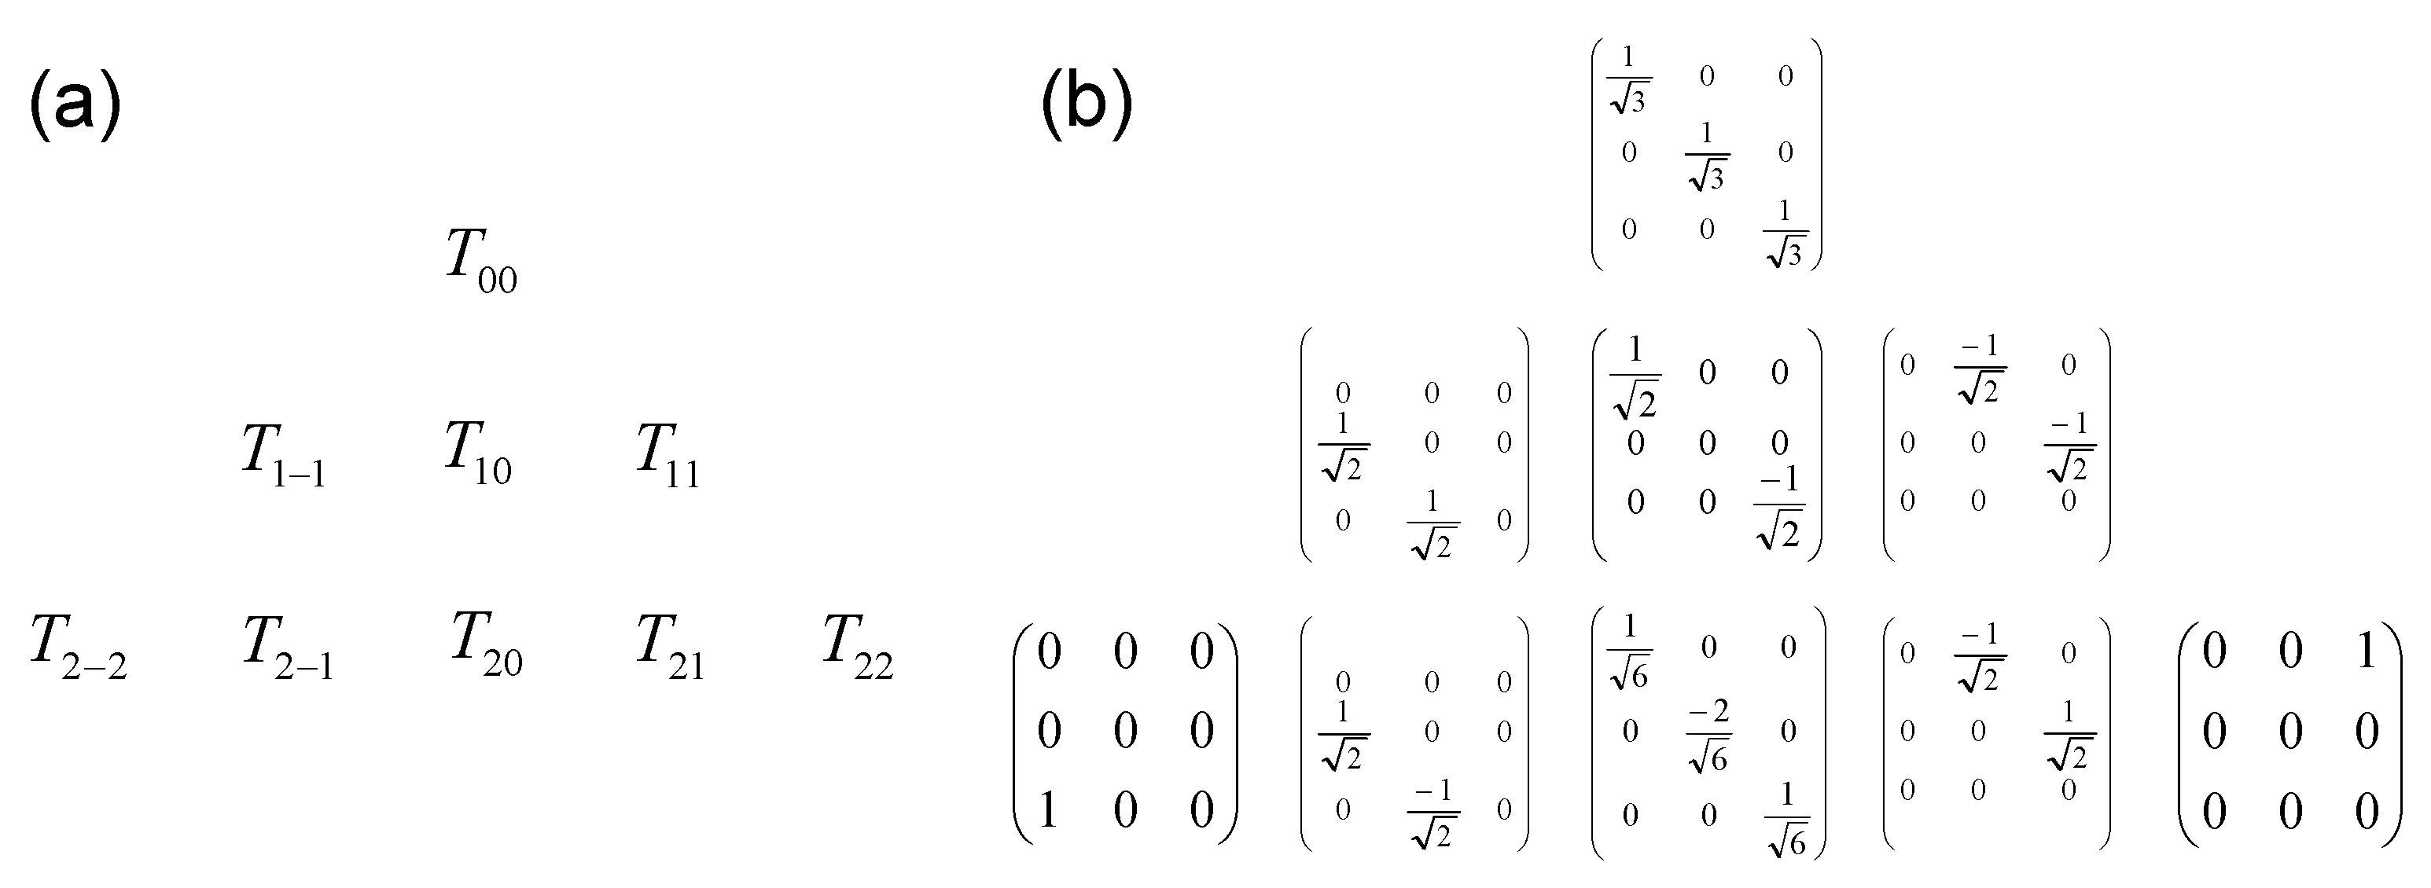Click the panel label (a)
(x=75, y=105)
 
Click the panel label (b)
(x=1087, y=105)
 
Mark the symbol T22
(x=857, y=648)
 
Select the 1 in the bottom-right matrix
(x=2366, y=651)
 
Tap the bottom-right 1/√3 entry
(x=1785, y=234)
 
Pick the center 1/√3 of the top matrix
(x=1706, y=156)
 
